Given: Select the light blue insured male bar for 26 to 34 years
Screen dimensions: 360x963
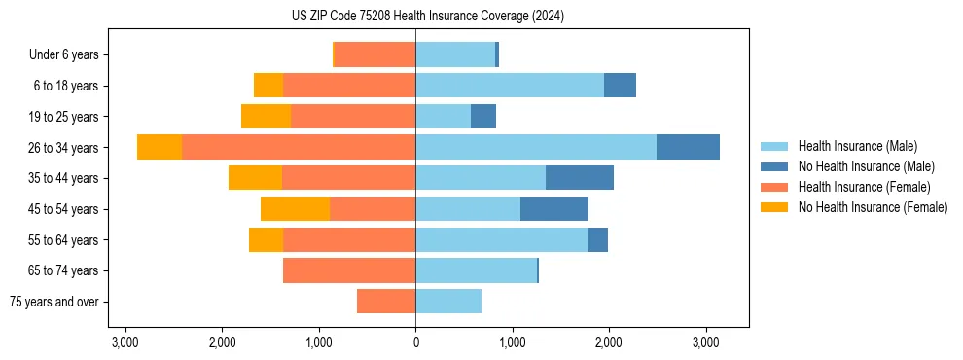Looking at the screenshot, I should pyautogui.click(x=536, y=147).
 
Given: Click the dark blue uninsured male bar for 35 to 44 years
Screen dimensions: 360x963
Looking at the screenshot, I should pyautogui.click(x=580, y=177).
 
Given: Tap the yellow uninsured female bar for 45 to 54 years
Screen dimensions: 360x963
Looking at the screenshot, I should pyautogui.click(x=295, y=208).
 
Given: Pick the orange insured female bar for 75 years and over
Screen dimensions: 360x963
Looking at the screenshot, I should pyautogui.click(x=386, y=302).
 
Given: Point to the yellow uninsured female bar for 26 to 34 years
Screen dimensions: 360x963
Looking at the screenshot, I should pyautogui.click(x=160, y=147).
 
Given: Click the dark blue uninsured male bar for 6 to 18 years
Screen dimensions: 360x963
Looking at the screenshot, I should pyautogui.click(x=620, y=86).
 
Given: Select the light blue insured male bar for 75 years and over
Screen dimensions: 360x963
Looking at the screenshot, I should pyautogui.click(x=448, y=302).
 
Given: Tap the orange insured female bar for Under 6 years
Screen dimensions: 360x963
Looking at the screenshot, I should pyautogui.click(x=375, y=54).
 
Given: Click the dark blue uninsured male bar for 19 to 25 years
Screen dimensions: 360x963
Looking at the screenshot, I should pyautogui.click(x=483, y=117).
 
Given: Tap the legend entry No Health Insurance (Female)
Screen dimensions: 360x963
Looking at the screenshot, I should pyautogui.click(x=873, y=207).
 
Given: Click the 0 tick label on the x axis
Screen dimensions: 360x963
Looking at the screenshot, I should pyautogui.click(x=415, y=342).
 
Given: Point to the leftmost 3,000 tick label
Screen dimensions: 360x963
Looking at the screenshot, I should pyautogui.click(x=125, y=342).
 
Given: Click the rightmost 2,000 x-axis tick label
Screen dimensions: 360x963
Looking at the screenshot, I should pyautogui.click(x=609, y=342).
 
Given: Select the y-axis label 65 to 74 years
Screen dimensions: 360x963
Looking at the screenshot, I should pyautogui.click(x=65, y=270).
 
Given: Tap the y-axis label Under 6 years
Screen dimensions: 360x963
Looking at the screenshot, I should pyautogui.click(x=69, y=54).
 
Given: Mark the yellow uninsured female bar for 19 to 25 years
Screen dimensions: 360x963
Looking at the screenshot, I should pyautogui.click(x=266, y=117).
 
